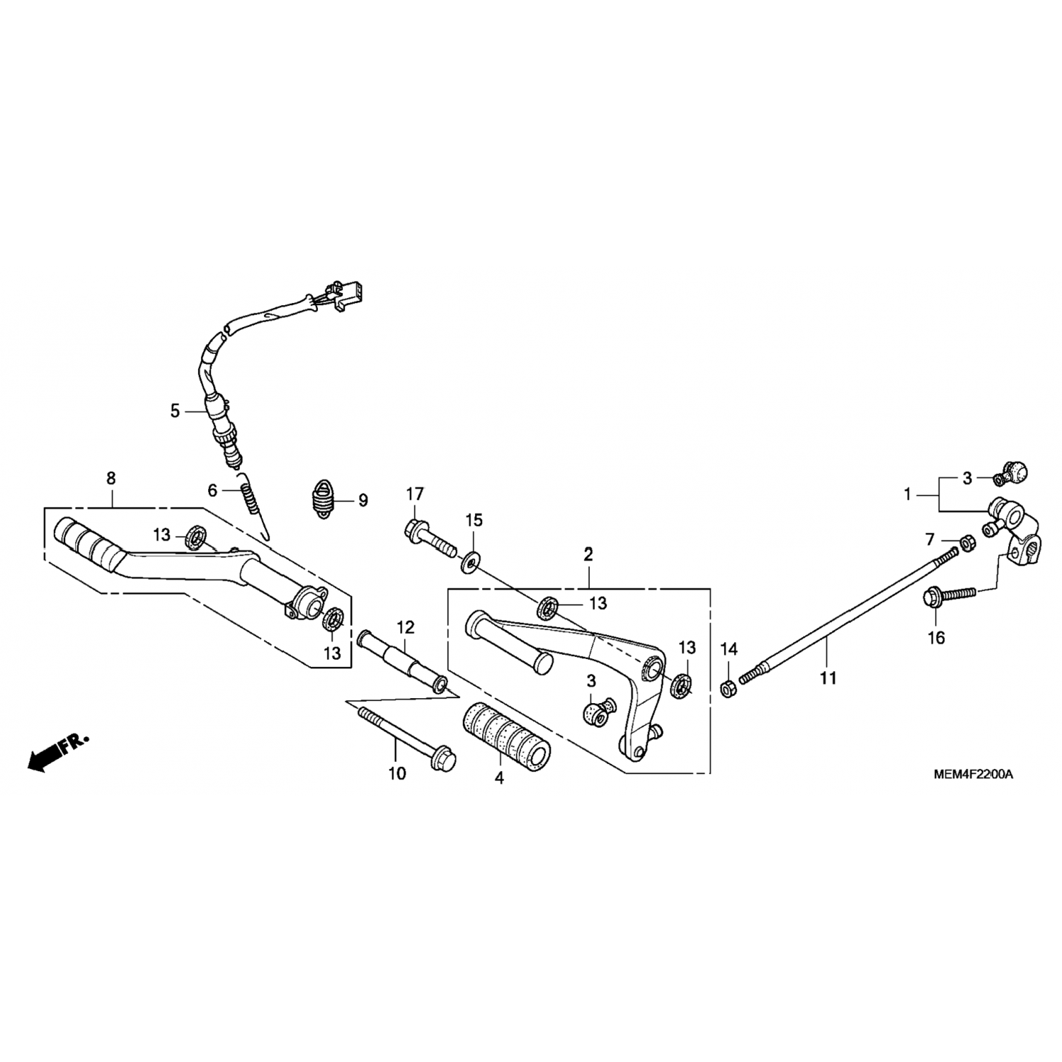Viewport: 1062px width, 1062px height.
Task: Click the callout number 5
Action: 175,411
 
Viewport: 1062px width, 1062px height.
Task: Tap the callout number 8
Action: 110,479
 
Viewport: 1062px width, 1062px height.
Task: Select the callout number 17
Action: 414,493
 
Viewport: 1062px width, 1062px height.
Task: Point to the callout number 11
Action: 828,678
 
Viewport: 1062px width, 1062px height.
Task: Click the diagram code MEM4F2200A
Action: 972,774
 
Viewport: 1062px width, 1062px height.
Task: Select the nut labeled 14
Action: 729,687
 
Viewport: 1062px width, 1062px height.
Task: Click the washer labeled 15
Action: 470,564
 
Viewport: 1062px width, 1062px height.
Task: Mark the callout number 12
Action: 405,627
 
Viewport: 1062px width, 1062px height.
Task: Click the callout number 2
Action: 588,554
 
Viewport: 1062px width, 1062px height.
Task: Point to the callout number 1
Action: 908,494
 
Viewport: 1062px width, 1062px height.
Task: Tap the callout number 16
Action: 936,638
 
